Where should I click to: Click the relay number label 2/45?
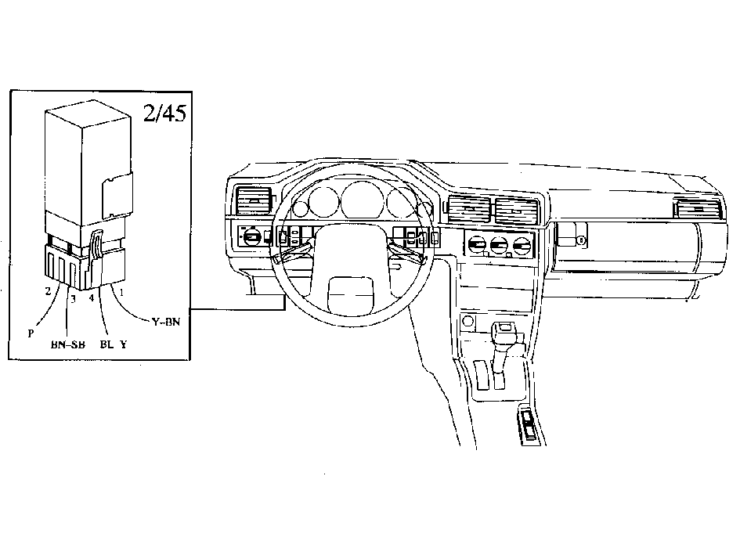(x=164, y=113)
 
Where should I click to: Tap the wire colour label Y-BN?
(x=166, y=322)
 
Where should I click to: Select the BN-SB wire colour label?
(x=68, y=344)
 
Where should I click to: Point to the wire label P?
(x=31, y=333)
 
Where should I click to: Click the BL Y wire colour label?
(x=114, y=344)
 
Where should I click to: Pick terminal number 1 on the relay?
(x=121, y=293)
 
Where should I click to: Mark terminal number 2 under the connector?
(x=48, y=291)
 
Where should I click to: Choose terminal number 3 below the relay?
(x=73, y=299)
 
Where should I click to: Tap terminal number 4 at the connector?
(x=92, y=297)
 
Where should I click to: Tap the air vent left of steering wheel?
(x=254, y=200)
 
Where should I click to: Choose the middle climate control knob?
(x=499, y=246)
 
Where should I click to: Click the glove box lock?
(x=581, y=240)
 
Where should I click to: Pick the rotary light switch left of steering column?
(x=251, y=235)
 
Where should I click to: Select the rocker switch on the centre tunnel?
(x=529, y=425)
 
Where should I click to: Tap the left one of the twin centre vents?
(x=469, y=210)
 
